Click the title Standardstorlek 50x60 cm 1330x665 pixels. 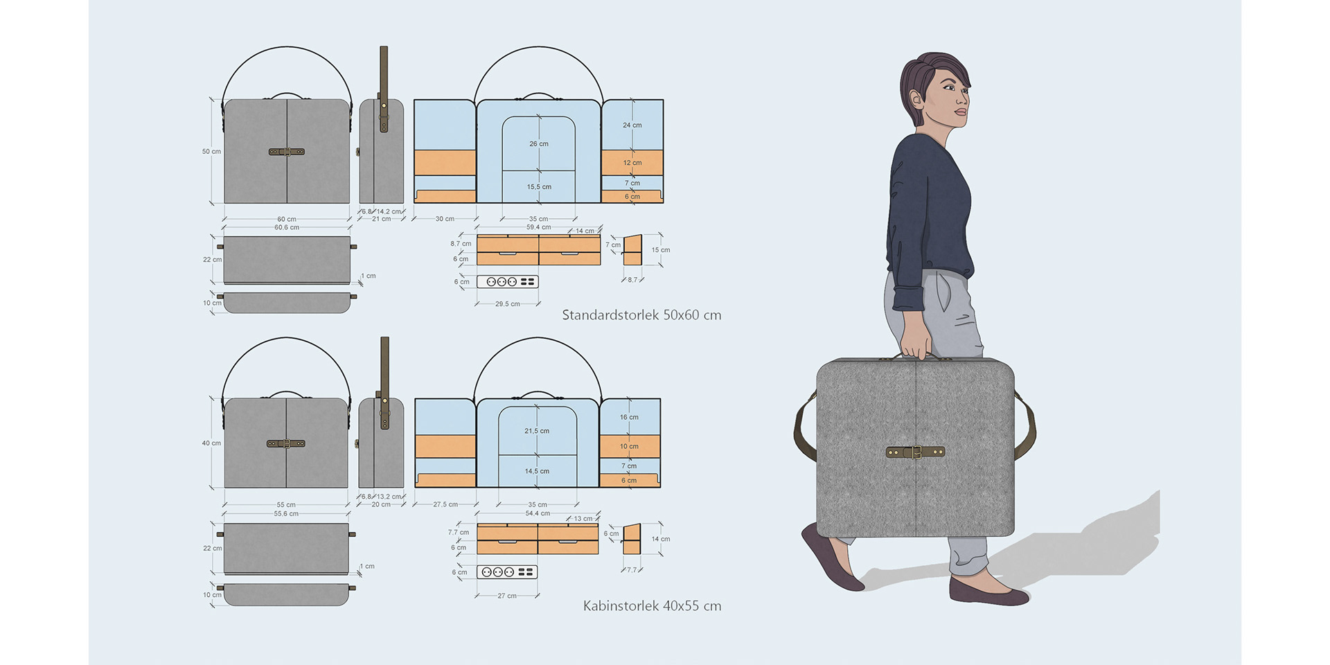[641, 315]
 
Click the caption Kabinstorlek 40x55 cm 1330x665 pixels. [652, 606]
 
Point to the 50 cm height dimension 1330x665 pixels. [211, 152]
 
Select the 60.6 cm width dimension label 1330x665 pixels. [287, 228]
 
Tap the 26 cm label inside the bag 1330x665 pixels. [539, 144]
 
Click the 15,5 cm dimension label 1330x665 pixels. [539, 187]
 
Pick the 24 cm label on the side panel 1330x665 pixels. [632, 125]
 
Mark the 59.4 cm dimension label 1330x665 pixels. [538, 227]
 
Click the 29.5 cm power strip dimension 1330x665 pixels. [507, 304]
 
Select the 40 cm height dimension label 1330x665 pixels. [211, 443]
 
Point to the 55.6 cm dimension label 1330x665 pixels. [286, 514]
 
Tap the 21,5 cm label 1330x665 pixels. [537, 431]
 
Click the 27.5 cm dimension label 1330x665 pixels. [445, 504]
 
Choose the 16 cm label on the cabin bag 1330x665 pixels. [629, 417]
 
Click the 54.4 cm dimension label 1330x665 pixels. [538, 513]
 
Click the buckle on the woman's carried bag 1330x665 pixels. [916, 452]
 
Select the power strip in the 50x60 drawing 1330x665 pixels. [507, 282]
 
